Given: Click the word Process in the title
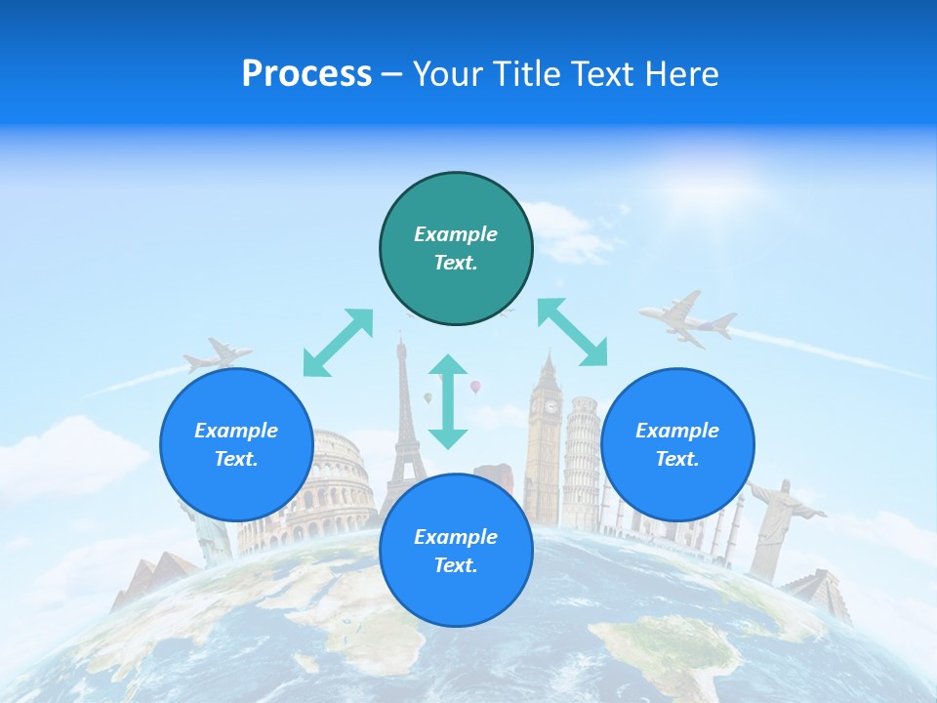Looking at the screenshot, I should tap(306, 74).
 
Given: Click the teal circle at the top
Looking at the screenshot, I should tap(456, 249).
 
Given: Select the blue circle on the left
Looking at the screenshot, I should tap(236, 444).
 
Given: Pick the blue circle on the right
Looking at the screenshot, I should tap(677, 444).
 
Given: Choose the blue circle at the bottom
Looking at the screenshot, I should tap(456, 551).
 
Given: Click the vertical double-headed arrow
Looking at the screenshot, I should tap(448, 401).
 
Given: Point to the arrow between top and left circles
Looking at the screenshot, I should tap(338, 343).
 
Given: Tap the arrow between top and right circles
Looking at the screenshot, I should tap(573, 332).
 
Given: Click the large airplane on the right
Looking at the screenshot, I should tap(687, 319).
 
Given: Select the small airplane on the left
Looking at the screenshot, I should tap(217, 355).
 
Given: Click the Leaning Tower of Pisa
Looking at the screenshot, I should tap(584, 449).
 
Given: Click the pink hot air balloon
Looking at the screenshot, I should tap(475, 388).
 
